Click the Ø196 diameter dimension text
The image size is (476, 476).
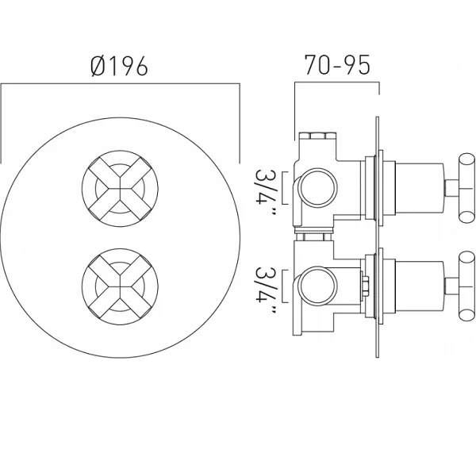click(x=119, y=66)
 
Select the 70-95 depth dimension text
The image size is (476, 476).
click(x=337, y=65)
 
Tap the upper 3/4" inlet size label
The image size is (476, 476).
click(x=265, y=192)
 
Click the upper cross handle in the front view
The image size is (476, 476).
click(x=121, y=189)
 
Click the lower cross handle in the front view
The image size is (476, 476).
click(x=121, y=287)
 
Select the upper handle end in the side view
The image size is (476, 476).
click(x=466, y=188)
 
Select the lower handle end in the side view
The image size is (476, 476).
click(x=466, y=286)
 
